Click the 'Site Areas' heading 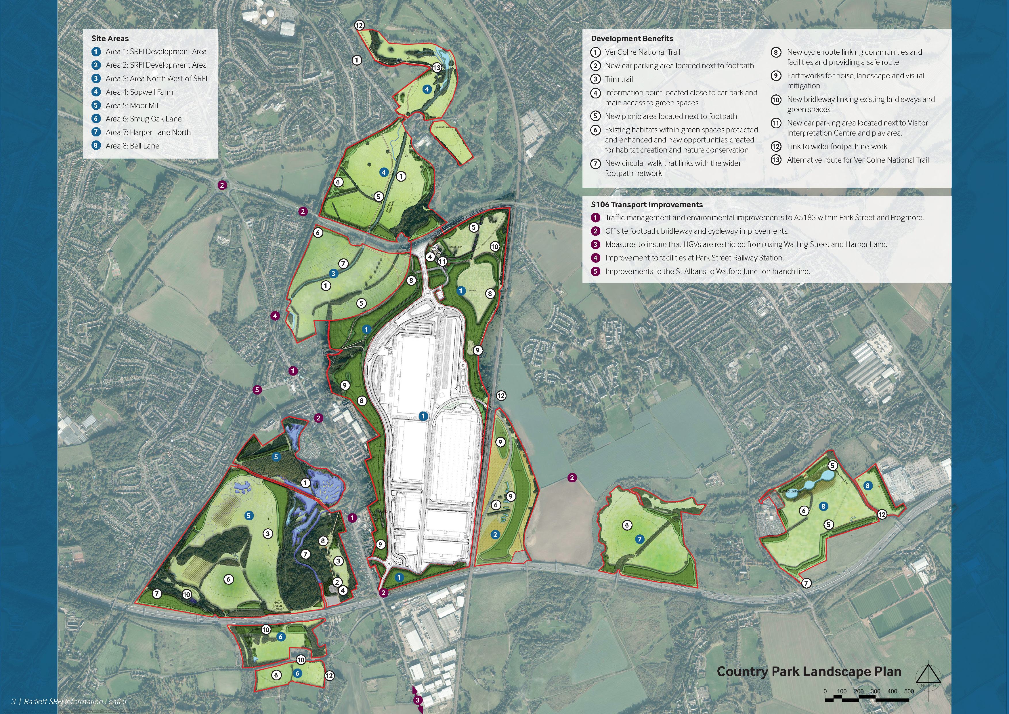110,38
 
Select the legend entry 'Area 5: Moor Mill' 132,106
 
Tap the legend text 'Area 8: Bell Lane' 132,146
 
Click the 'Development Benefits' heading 632,39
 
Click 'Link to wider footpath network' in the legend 837,147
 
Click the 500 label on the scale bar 909,692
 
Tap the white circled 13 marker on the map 436,68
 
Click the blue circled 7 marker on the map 639,539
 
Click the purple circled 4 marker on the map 275,316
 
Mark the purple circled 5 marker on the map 257,390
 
